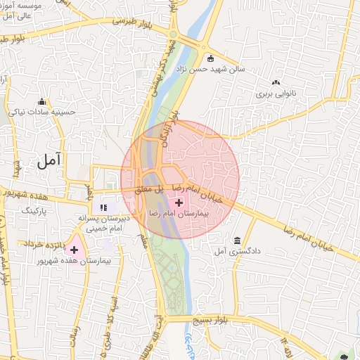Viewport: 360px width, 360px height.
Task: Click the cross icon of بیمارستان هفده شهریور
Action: pyautogui.click(x=74, y=250)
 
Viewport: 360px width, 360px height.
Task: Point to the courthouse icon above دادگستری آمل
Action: pyautogui.click(x=237, y=240)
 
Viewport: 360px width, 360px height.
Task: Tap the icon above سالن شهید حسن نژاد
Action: pyautogui.click(x=210, y=59)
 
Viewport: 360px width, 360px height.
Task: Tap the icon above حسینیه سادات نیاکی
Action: pyautogui.click(x=42, y=101)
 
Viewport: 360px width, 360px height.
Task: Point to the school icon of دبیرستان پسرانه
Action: pyautogui.click(x=104, y=207)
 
